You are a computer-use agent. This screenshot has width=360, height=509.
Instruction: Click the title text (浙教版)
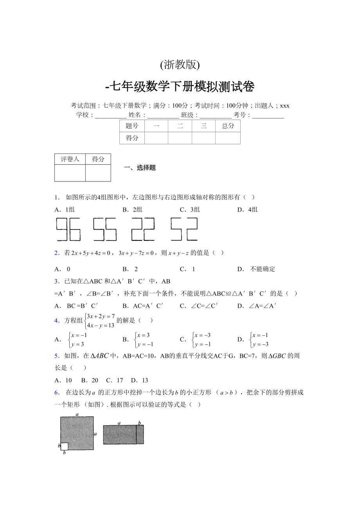pyautogui.click(x=180, y=65)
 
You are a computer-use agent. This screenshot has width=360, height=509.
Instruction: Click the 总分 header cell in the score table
pyautogui.click(x=228, y=126)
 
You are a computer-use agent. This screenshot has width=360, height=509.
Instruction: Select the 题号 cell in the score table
pyautogui.click(x=132, y=126)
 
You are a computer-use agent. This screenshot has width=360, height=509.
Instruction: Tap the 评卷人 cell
pyautogui.click(x=70, y=159)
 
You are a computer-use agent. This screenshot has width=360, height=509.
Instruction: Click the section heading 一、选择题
pyautogui.click(x=140, y=168)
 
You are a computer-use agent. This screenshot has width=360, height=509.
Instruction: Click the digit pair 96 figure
pyautogui.click(x=68, y=229)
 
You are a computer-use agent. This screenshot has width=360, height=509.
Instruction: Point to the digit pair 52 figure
pyautogui.click(x=184, y=229)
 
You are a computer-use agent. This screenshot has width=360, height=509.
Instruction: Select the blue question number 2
pyautogui.click(x=56, y=253)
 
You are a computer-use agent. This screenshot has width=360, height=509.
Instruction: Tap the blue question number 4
pyautogui.click(x=56, y=321)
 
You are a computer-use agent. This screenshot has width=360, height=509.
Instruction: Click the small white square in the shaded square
pyautogui.click(x=65, y=446)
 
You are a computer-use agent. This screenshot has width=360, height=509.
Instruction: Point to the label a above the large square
pyautogui.click(x=77, y=414)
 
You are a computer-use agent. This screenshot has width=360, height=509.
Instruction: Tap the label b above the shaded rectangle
pyautogui.click(x=139, y=423)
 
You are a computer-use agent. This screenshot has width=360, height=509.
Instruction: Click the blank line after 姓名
pyautogui.click(x=163, y=115)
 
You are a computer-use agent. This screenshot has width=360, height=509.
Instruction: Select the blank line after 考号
pyautogui.click(x=268, y=115)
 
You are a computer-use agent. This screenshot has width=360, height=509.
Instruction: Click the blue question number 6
pyautogui.click(x=56, y=393)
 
